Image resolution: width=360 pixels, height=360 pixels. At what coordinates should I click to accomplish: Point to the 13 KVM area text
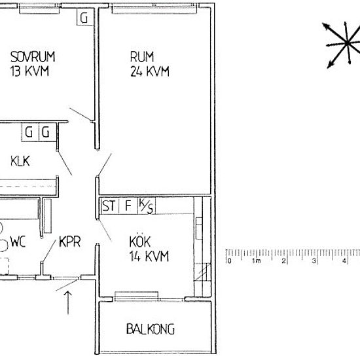pyautogui.click(x=29, y=71)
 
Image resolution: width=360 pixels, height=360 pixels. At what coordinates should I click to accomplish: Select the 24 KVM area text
pyautogui.click(x=149, y=71)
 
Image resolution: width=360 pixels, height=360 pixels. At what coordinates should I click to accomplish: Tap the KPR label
pyautogui.click(x=70, y=242)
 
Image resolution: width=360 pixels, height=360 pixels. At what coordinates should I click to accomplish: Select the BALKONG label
pyautogui.click(x=150, y=329)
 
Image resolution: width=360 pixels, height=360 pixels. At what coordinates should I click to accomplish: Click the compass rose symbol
pyautogui.click(x=340, y=45)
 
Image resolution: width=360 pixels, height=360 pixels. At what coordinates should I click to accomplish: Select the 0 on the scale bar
pyautogui.click(x=230, y=261)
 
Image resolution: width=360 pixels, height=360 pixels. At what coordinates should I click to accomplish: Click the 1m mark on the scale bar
pyautogui.click(x=257, y=261)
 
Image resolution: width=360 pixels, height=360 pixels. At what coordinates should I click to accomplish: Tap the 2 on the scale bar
pyautogui.click(x=283, y=261)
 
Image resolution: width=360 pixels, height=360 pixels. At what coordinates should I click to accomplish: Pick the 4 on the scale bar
pyautogui.click(x=344, y=261)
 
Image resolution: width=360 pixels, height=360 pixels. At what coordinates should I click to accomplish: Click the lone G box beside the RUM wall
pyautogui.click(x=84, y=18)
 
